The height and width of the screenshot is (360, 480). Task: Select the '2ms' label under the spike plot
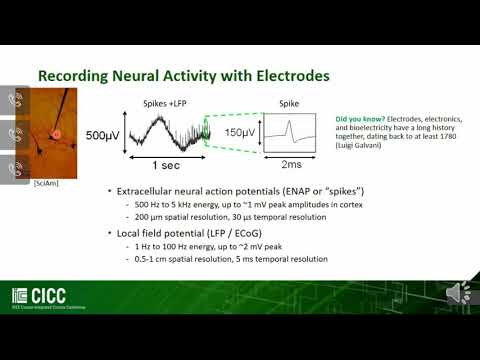(293, 164)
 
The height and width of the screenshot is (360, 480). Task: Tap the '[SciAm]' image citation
(45, 184)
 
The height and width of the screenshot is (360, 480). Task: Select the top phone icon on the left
(15, 100)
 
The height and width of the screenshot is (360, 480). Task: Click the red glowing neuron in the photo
(57, 133)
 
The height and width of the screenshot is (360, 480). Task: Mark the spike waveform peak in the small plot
(291, 124)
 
